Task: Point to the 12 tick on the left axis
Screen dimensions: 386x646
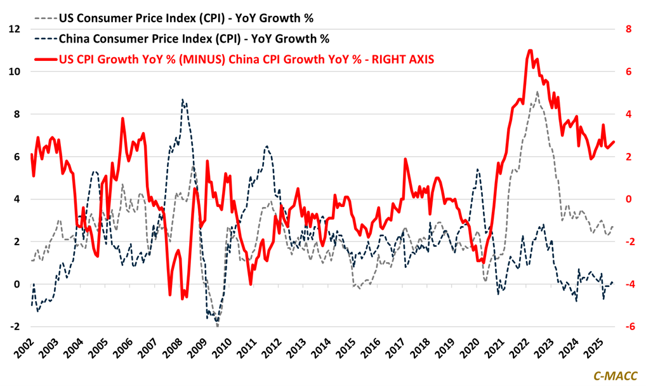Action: [x=14, y=29]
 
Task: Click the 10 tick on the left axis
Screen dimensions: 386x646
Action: [x=14, y=72]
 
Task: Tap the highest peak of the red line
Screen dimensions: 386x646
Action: [x=530, y=50]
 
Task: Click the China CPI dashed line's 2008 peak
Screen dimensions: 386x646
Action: [x=183, y=100]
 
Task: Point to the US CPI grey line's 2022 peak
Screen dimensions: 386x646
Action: [x=537, y=92]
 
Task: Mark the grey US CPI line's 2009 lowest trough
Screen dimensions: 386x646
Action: [x=217, y=326]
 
